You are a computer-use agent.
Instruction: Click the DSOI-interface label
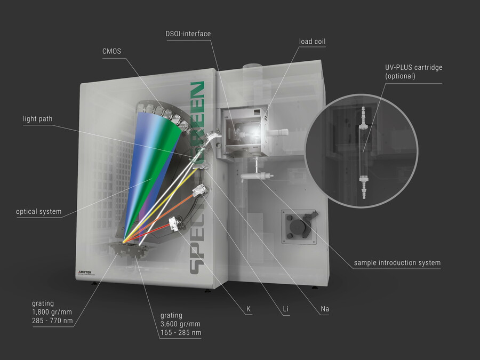pos(188,34)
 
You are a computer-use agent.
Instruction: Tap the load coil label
pos(312,41)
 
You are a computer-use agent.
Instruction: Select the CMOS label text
pos(112,51)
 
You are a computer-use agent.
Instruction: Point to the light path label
pos(38,119)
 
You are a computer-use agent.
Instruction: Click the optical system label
pos(39,212)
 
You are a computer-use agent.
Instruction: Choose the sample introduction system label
pos(397,262)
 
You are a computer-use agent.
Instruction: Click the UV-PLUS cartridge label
pos(413,71)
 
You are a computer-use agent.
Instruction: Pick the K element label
pos(249,309)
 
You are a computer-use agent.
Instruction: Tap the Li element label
pos(286,309)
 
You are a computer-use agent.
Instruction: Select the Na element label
pos(325,309)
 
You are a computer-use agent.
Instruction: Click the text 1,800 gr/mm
pos(52,312)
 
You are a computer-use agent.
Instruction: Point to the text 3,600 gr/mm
pos(181,324)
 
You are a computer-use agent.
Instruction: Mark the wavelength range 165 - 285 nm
pos(181,332)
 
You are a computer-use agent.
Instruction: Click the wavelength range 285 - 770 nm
pos(52,321)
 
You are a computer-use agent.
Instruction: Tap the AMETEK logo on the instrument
pos(85,272)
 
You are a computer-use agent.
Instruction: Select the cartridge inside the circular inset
pos(364,153)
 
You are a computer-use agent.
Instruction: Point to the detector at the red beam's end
pos(174,224)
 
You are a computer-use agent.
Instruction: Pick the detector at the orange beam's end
pos(199,191)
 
